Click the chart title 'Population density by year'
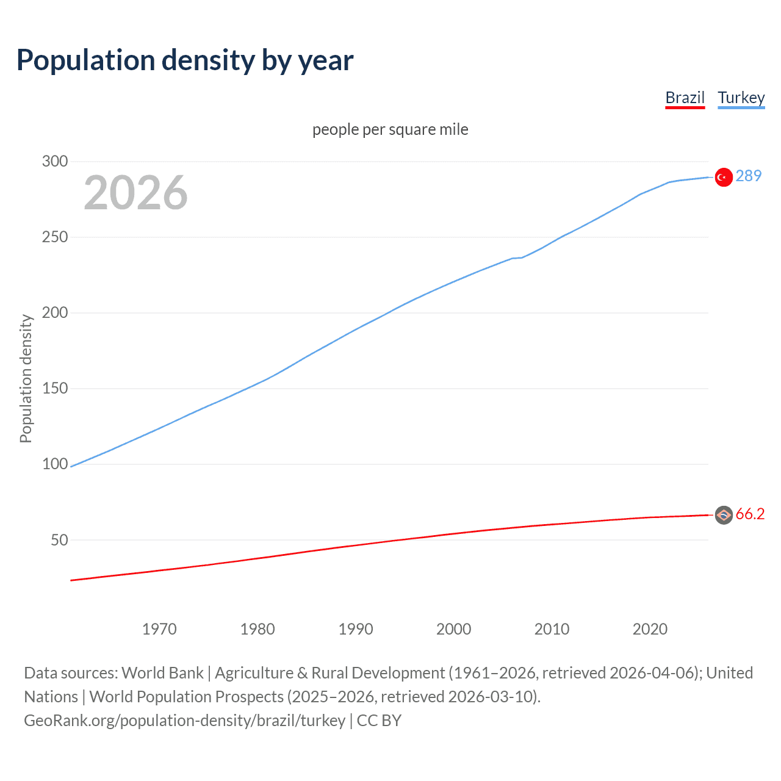185,60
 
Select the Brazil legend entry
685,98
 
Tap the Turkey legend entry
741,98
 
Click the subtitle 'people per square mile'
390,129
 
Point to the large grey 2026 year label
135,193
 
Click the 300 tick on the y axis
55,161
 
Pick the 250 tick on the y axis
55,237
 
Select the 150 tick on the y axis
55,388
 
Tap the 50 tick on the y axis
59,540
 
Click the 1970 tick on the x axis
159,629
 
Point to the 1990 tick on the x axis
356,629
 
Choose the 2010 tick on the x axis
552,629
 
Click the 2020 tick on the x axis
650,629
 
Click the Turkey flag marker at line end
724,177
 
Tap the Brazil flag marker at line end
724,516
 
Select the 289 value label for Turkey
749,176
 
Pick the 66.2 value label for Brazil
750,514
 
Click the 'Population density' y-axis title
26,378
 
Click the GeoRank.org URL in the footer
184,721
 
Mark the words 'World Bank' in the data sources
162,673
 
